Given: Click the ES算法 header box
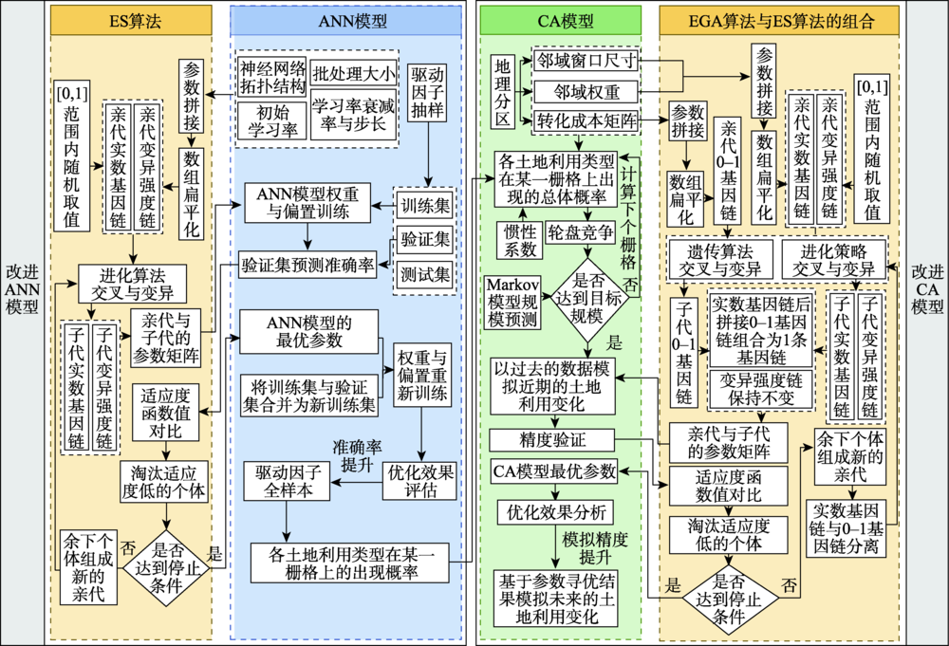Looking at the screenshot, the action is click(x=131, y=21).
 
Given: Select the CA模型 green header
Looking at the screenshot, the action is click(x=560, y=21).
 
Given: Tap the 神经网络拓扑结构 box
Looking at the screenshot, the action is click(x=271, y=77).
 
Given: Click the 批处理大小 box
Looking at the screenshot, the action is click(x=353, y=74).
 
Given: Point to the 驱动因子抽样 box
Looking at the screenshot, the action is click(x=428, y=92).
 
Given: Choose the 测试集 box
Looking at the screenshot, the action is click(x=425, y=274).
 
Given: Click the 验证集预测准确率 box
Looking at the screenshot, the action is click(x=307, y=265).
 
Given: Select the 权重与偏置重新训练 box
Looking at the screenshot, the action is click(x=422, y=375).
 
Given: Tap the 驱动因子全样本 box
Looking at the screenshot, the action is click(x=287, y=481).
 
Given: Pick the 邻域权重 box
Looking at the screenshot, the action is click(x=586, y=92).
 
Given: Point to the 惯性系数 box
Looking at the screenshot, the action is click(x=520, y=241).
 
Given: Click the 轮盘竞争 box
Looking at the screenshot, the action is click(x=581, y=232).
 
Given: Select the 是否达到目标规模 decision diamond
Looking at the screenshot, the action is click(x=587, y=299).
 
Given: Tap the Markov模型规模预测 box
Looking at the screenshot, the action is click(x=512, y=302).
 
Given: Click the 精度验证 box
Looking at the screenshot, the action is click(x=552, y=440).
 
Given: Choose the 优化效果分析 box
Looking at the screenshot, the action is click(x=555, y=512).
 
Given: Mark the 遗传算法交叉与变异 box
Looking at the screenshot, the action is click(x=719, y=260).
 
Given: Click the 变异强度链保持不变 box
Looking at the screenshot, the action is click(x=761, y=390).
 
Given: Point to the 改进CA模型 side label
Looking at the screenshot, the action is click(x=927, y=289).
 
